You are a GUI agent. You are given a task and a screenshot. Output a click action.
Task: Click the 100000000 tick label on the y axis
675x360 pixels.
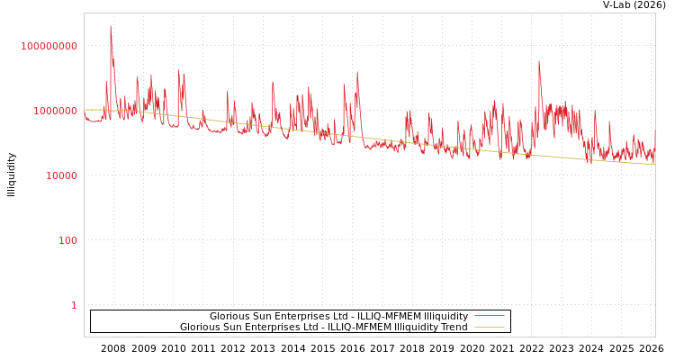[49, 46]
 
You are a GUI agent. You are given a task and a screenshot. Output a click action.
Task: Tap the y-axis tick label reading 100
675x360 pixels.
[68, 240]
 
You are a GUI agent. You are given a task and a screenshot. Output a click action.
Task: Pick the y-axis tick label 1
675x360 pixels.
[74, 305]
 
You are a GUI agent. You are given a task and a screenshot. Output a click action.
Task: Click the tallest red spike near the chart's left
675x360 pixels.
[111, 27]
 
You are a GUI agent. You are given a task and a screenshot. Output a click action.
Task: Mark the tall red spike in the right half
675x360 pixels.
[539, 62]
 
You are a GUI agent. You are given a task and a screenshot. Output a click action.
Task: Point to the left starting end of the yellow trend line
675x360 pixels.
[85, 110]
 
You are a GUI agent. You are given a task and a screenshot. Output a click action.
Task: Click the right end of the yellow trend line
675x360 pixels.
[654, 165]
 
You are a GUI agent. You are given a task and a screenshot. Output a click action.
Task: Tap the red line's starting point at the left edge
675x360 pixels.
[85, 113]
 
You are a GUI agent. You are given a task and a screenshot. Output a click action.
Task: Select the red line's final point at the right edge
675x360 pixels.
[654, 130]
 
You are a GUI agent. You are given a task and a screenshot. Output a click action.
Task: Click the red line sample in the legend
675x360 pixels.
[489, 317]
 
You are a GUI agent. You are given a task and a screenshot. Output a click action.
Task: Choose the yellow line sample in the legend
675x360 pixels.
[489, 328]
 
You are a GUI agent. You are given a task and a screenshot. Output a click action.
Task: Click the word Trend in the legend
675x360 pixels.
[453, 328]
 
